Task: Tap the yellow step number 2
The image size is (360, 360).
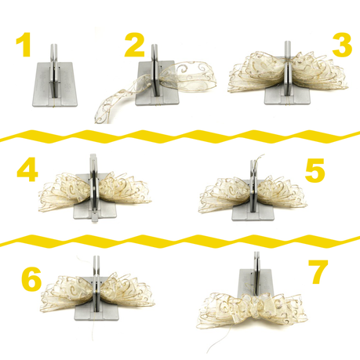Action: point(134,45)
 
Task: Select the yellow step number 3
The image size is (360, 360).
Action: point(342,45)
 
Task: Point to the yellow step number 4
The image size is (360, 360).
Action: point(27,169)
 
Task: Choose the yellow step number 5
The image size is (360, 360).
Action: point(315,170)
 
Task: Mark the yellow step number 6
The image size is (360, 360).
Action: point(31,278)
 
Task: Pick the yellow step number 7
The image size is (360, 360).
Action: point(318,272)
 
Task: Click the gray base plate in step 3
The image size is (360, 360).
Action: point(288,97)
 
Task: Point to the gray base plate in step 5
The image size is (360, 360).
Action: point(253,213)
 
